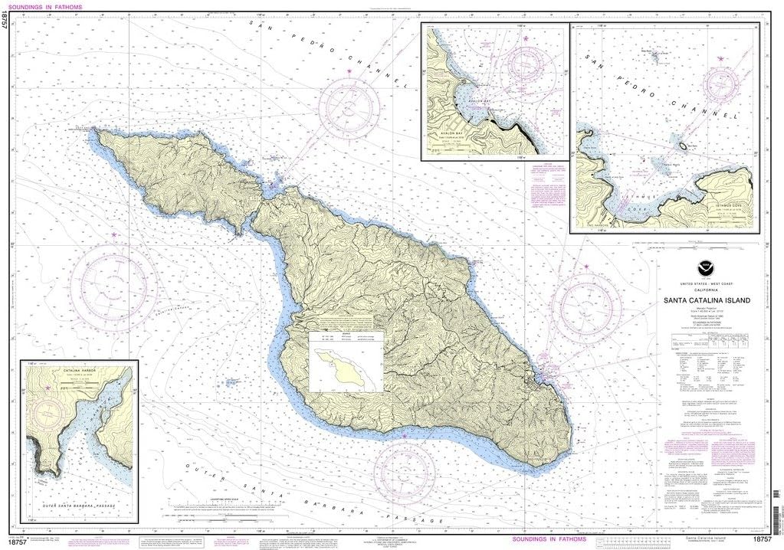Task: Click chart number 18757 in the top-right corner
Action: [769, 7]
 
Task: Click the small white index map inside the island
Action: [345, 362]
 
